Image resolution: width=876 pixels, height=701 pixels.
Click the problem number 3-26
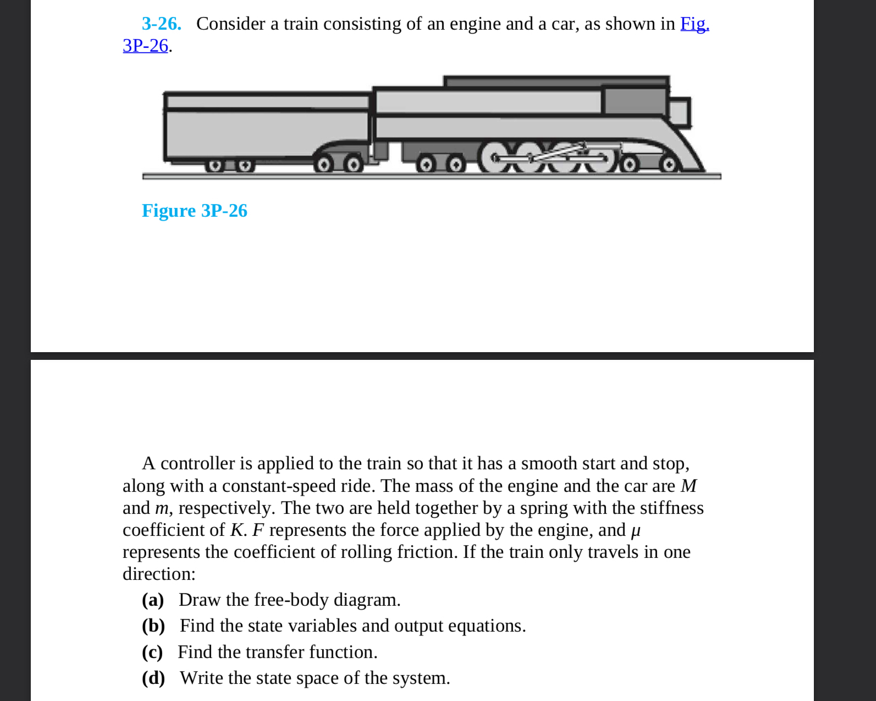(x=161, y=24)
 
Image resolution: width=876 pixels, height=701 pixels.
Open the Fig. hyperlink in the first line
(x=695, y=24)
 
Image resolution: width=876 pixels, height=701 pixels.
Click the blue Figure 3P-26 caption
(x=194, y=211)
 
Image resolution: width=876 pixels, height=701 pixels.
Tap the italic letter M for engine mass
(x=688, y=486)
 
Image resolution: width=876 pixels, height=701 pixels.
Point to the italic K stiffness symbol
(x=236, y=530)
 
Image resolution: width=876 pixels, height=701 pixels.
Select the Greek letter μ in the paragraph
(x=635, y=531)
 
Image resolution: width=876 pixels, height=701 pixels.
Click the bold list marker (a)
(x=153, y=600)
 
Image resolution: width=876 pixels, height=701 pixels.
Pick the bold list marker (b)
(x=153, y=626)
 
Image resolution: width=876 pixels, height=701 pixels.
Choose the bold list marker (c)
(x=152, y=652)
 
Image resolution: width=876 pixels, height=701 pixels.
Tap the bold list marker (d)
(x=153, y=678)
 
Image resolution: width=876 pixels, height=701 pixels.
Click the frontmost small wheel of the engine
(x=669, y=165)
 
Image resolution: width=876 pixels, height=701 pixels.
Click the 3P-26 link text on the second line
(x=145, y=46)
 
